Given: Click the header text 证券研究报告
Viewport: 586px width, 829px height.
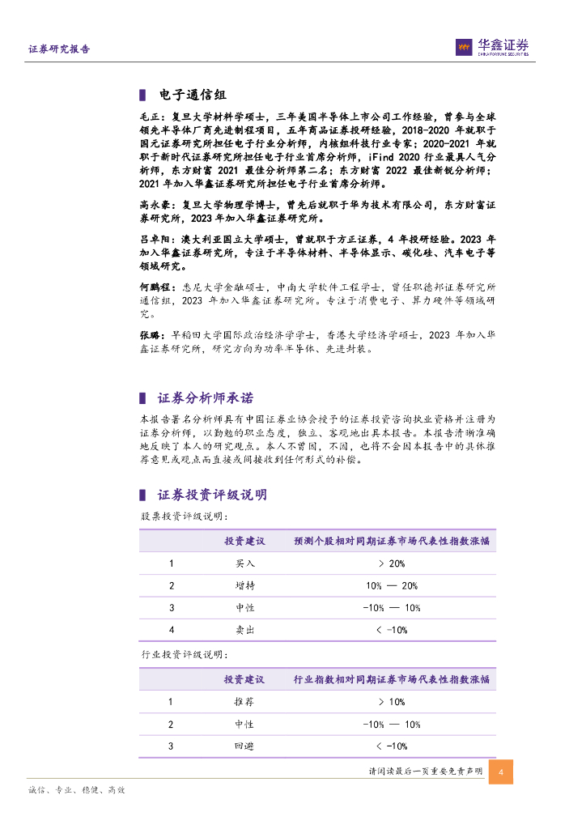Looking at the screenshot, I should pos(59,49).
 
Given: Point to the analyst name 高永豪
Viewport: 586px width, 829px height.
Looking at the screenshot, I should pos(154,206).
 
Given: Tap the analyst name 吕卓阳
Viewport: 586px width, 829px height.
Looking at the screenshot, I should pos(154,240).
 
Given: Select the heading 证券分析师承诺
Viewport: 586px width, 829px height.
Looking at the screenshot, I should pos(205,397).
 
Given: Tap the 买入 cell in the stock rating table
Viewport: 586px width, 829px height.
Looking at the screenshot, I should pos(244,563).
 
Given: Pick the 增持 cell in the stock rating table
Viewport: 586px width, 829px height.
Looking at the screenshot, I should pos(244,585).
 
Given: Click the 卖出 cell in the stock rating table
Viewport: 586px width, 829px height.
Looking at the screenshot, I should pos(244,629).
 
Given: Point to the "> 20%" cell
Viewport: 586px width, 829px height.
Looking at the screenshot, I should pos(391,563).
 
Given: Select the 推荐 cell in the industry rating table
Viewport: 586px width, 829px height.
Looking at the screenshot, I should pos(244,702).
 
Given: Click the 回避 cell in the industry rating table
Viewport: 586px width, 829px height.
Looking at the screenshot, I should pos(244,746).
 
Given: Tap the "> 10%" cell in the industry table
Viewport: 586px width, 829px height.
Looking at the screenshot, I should pos(391,702).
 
